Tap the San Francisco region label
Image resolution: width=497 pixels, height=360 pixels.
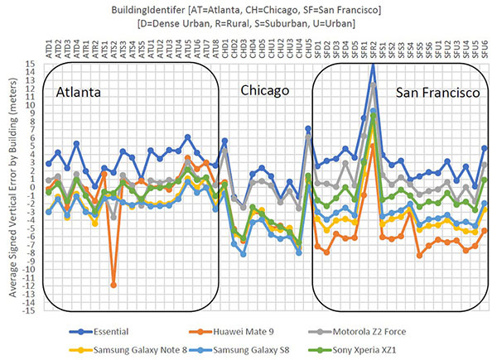point(437,93)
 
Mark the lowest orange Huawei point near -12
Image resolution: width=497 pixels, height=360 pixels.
point(113,285)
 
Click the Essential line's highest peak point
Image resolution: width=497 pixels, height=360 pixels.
point(374,63)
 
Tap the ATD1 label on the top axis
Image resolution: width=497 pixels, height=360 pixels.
point(49,48)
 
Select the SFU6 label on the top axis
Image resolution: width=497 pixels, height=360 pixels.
point(484,48)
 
